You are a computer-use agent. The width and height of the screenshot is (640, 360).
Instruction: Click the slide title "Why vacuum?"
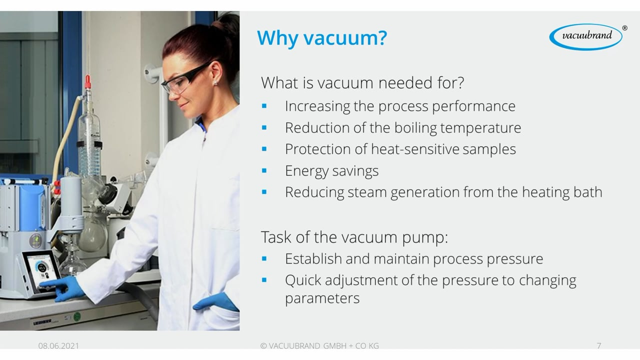[x=321, y=37]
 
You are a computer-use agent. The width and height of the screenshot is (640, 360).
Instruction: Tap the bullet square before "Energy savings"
[x=264, y=170]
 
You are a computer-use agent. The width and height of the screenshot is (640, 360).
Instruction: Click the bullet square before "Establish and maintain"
[x=264, y=258]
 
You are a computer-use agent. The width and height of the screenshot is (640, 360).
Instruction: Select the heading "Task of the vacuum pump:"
[x=354, y=237]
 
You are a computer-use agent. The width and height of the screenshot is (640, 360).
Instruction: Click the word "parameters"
[x=322, y=298]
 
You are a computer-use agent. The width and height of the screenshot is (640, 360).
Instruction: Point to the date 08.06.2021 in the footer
[x=58, y=345]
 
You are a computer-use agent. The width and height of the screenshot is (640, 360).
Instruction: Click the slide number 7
[x=599, y=345]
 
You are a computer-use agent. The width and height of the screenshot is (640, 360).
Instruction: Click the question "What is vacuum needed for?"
[x=362, y=82]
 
